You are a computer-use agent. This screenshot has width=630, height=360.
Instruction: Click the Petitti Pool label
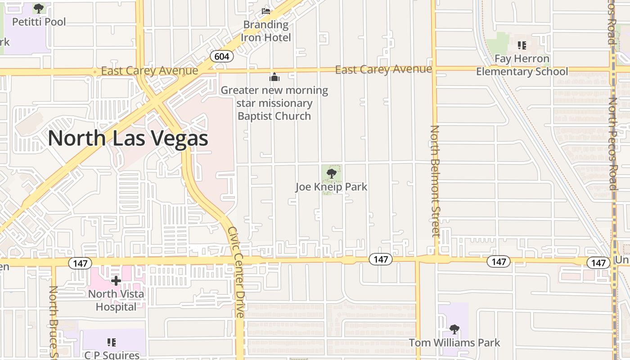pos(39,22)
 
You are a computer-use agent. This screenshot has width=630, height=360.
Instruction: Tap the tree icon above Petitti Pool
pos(39,8)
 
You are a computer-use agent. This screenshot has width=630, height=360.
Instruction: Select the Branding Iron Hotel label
pos(266,31)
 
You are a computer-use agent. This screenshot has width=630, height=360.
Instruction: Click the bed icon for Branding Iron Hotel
pos(266,11)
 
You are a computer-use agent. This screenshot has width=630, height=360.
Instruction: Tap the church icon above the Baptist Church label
pos(274,77)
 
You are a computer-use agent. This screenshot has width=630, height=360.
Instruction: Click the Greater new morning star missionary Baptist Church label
pos(274,103)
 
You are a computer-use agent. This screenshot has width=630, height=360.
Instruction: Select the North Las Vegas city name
pos(128,138)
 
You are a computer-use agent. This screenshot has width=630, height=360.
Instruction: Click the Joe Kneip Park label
pos(331,186)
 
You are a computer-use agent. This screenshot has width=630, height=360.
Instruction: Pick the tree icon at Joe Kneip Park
pos(332,174)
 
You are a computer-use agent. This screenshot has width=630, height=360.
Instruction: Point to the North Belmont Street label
pos(435,181)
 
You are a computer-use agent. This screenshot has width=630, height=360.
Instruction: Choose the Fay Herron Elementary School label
pos(522,65)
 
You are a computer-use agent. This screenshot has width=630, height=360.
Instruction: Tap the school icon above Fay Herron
pos(522,45)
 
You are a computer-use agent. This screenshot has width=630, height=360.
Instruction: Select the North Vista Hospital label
pos(116,301)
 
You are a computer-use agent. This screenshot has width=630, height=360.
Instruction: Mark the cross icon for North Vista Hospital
pos(116,281)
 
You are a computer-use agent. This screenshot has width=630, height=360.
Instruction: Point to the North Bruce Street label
pos(53,322)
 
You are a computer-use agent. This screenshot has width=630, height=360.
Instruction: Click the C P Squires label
pos(112,355)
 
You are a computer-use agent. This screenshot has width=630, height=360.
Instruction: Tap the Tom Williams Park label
pos(454,342)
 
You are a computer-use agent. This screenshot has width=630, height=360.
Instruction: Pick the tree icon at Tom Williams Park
pos(454,329)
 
